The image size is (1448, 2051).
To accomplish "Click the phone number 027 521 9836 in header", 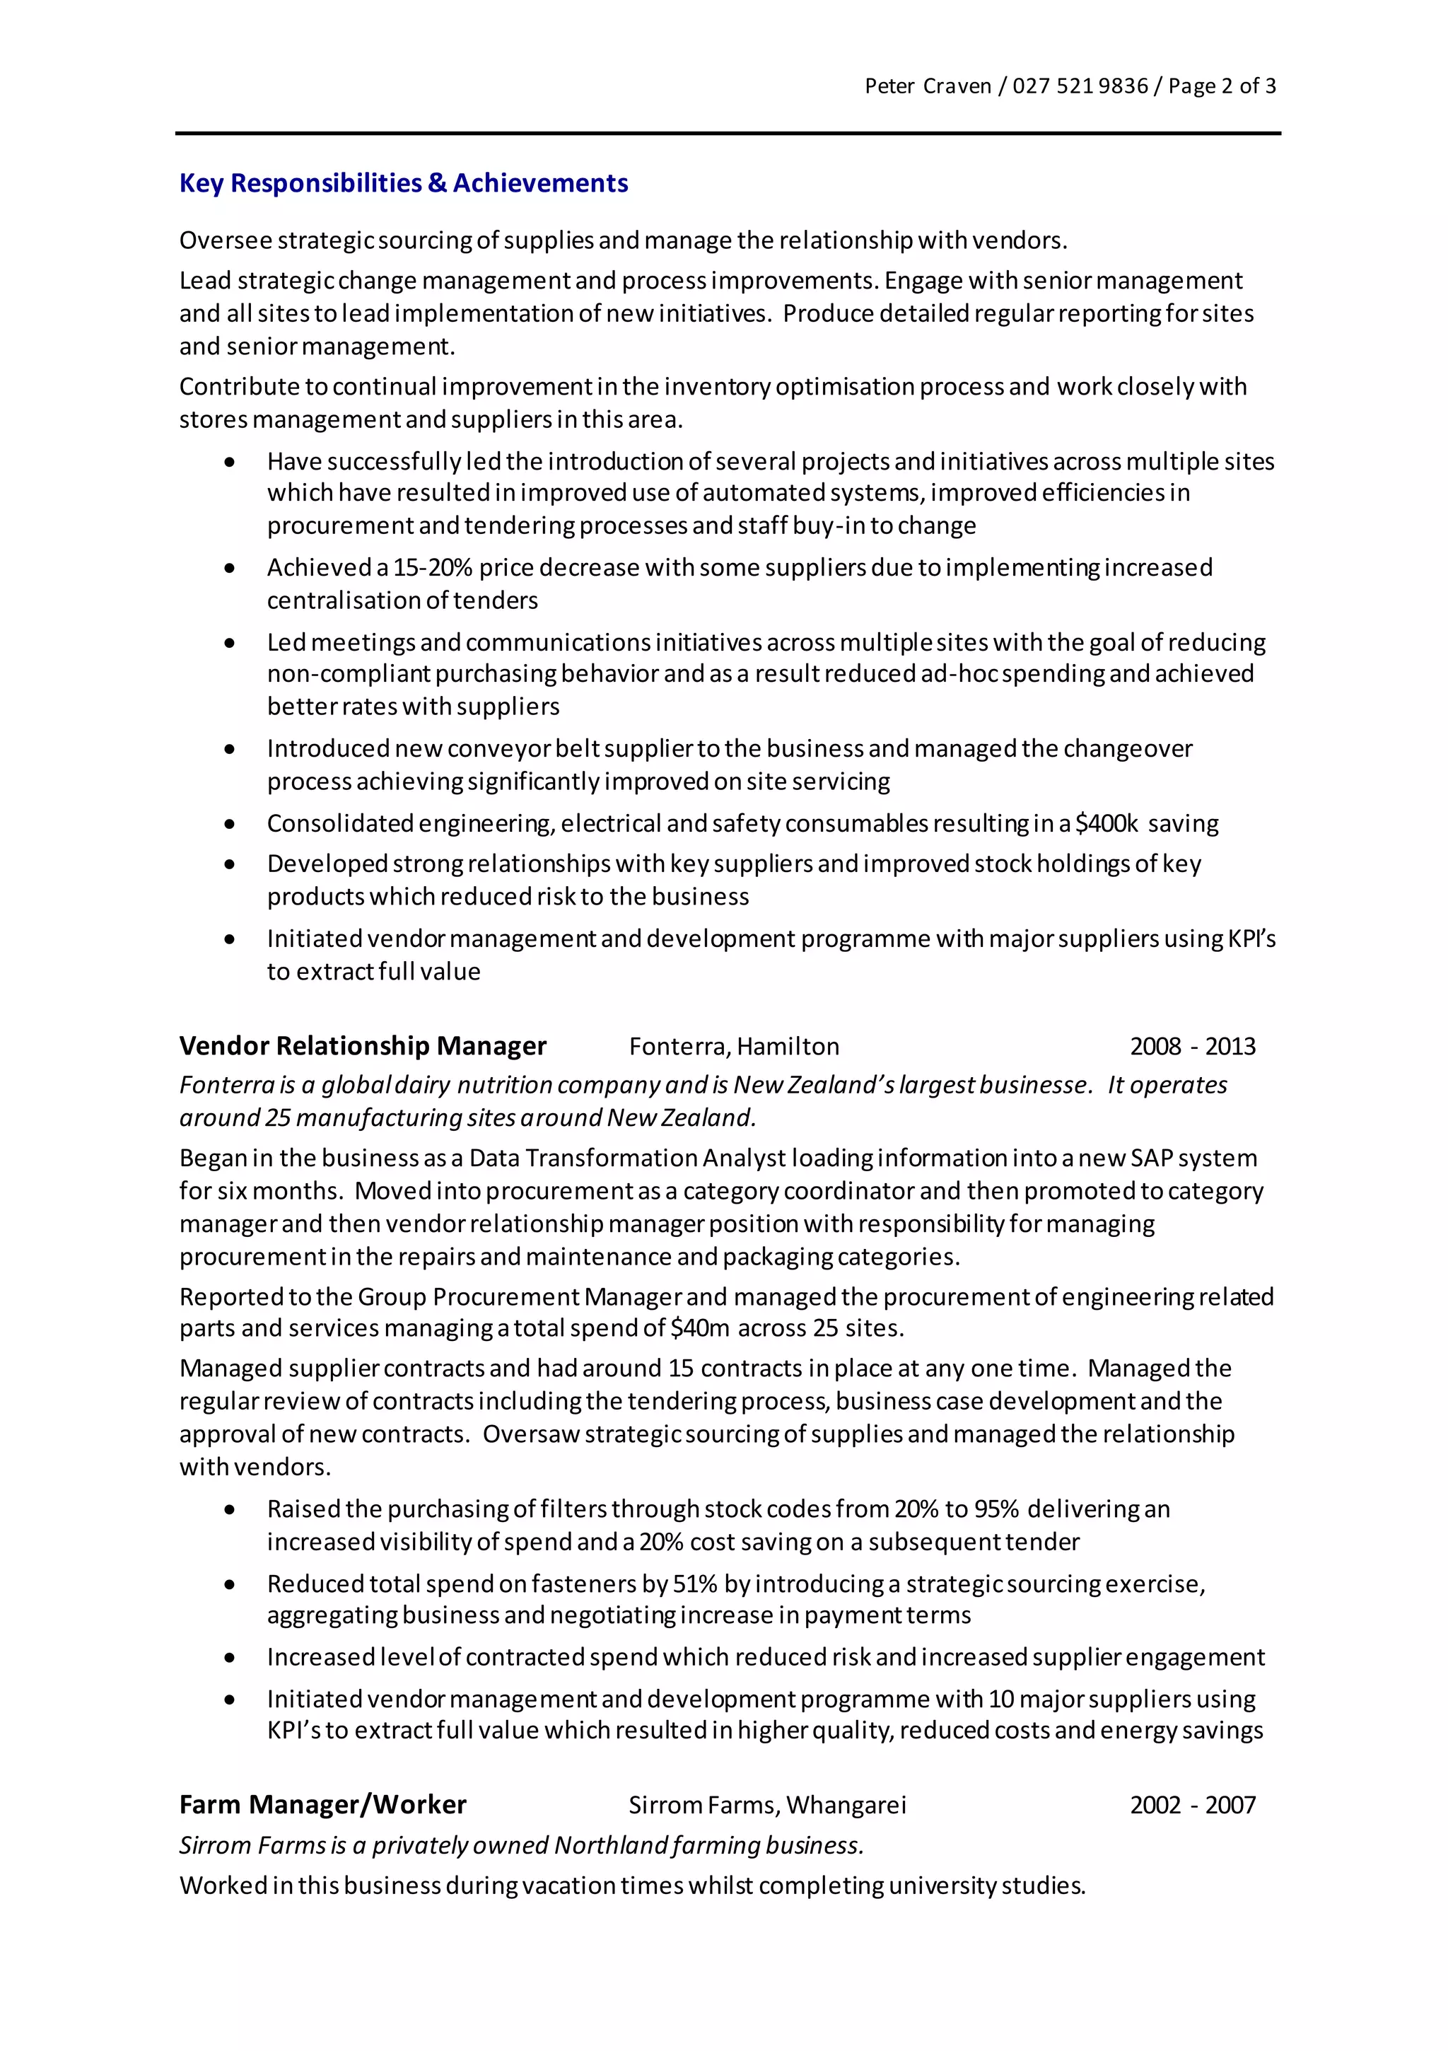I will [1079, 86].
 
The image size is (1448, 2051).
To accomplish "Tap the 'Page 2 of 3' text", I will [1221, 86].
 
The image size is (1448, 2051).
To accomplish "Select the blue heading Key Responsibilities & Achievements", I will [404, 183].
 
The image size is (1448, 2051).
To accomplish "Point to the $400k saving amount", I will [1106, 824].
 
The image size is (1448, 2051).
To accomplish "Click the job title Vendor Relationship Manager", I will [363, 1046].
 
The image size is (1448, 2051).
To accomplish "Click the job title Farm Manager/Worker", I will [322, 1806].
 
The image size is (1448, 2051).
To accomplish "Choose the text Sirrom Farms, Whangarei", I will [766, 1806].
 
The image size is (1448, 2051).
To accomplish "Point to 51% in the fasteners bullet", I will [695, 1584].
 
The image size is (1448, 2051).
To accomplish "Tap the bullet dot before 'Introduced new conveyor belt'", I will [230, 750].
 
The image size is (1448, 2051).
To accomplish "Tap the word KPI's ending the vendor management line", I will [1251, 939].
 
